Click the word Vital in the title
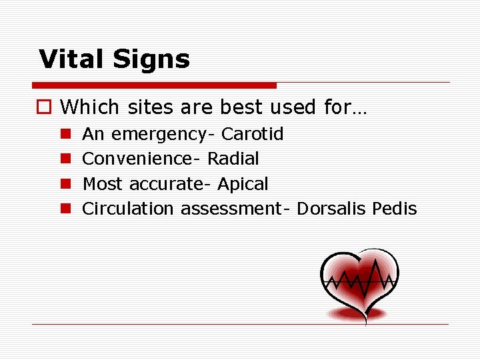click(x=72, y=59)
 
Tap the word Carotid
click(x=252, y=134)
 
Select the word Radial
click(x=233, y=159)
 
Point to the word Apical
click(x=243, y=184)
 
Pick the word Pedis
click(x=394, y=209)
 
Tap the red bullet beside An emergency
click(x=65, y=134)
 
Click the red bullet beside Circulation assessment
click(x=65, y=209)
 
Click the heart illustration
click(x=359, y=283)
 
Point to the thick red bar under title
click(x=154, y=85)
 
